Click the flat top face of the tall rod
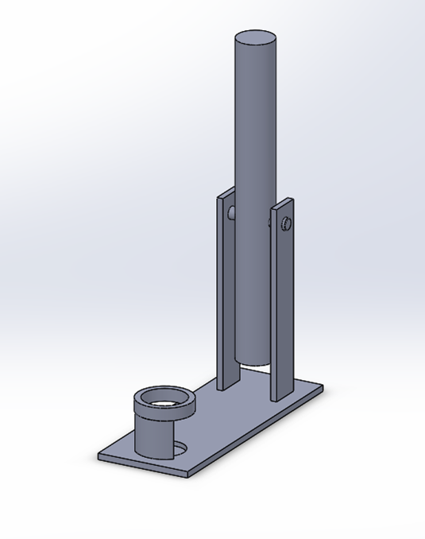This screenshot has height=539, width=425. tap(256, 37)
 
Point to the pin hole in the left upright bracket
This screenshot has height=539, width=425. tap(231, 213)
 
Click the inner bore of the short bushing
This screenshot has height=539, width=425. tap(164, 399)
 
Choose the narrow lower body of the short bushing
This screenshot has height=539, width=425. tap(156, 437)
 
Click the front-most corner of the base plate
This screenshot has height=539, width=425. tap(187, 475)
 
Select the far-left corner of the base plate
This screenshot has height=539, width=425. tap(99, 456)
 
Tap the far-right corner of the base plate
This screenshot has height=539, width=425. tap(323, 387)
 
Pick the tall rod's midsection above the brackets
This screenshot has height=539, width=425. tap(255, 119)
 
